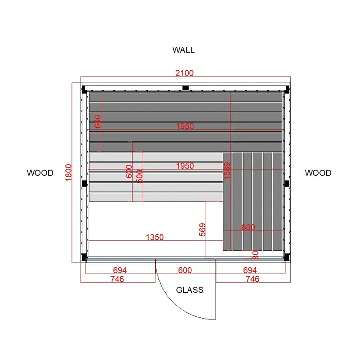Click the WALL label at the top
(x=184, y=50)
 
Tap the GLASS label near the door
(x=189, y=290)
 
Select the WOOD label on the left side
(x=40, y=173)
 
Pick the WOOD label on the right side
(x=318, y=173)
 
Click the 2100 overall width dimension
(x=184, y=73)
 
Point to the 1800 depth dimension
(x=68, y=173)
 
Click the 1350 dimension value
(x=155, y=237)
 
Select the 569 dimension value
(x=202, y=229)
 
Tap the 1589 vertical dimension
(x=227, y=171)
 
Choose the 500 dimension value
(x=139, y=176)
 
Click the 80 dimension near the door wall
(x=255, y=255)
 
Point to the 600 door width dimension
(x=185, y=270)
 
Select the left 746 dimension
(x=117, y=279)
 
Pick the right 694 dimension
(x=250, y=270)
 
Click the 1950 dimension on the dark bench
(x=185, y=126)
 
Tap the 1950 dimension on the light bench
(x=185, y=166)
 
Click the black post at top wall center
(x=185, y=88)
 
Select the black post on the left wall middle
(x=84, y=184)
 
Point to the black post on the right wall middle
(x=287, y=184)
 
